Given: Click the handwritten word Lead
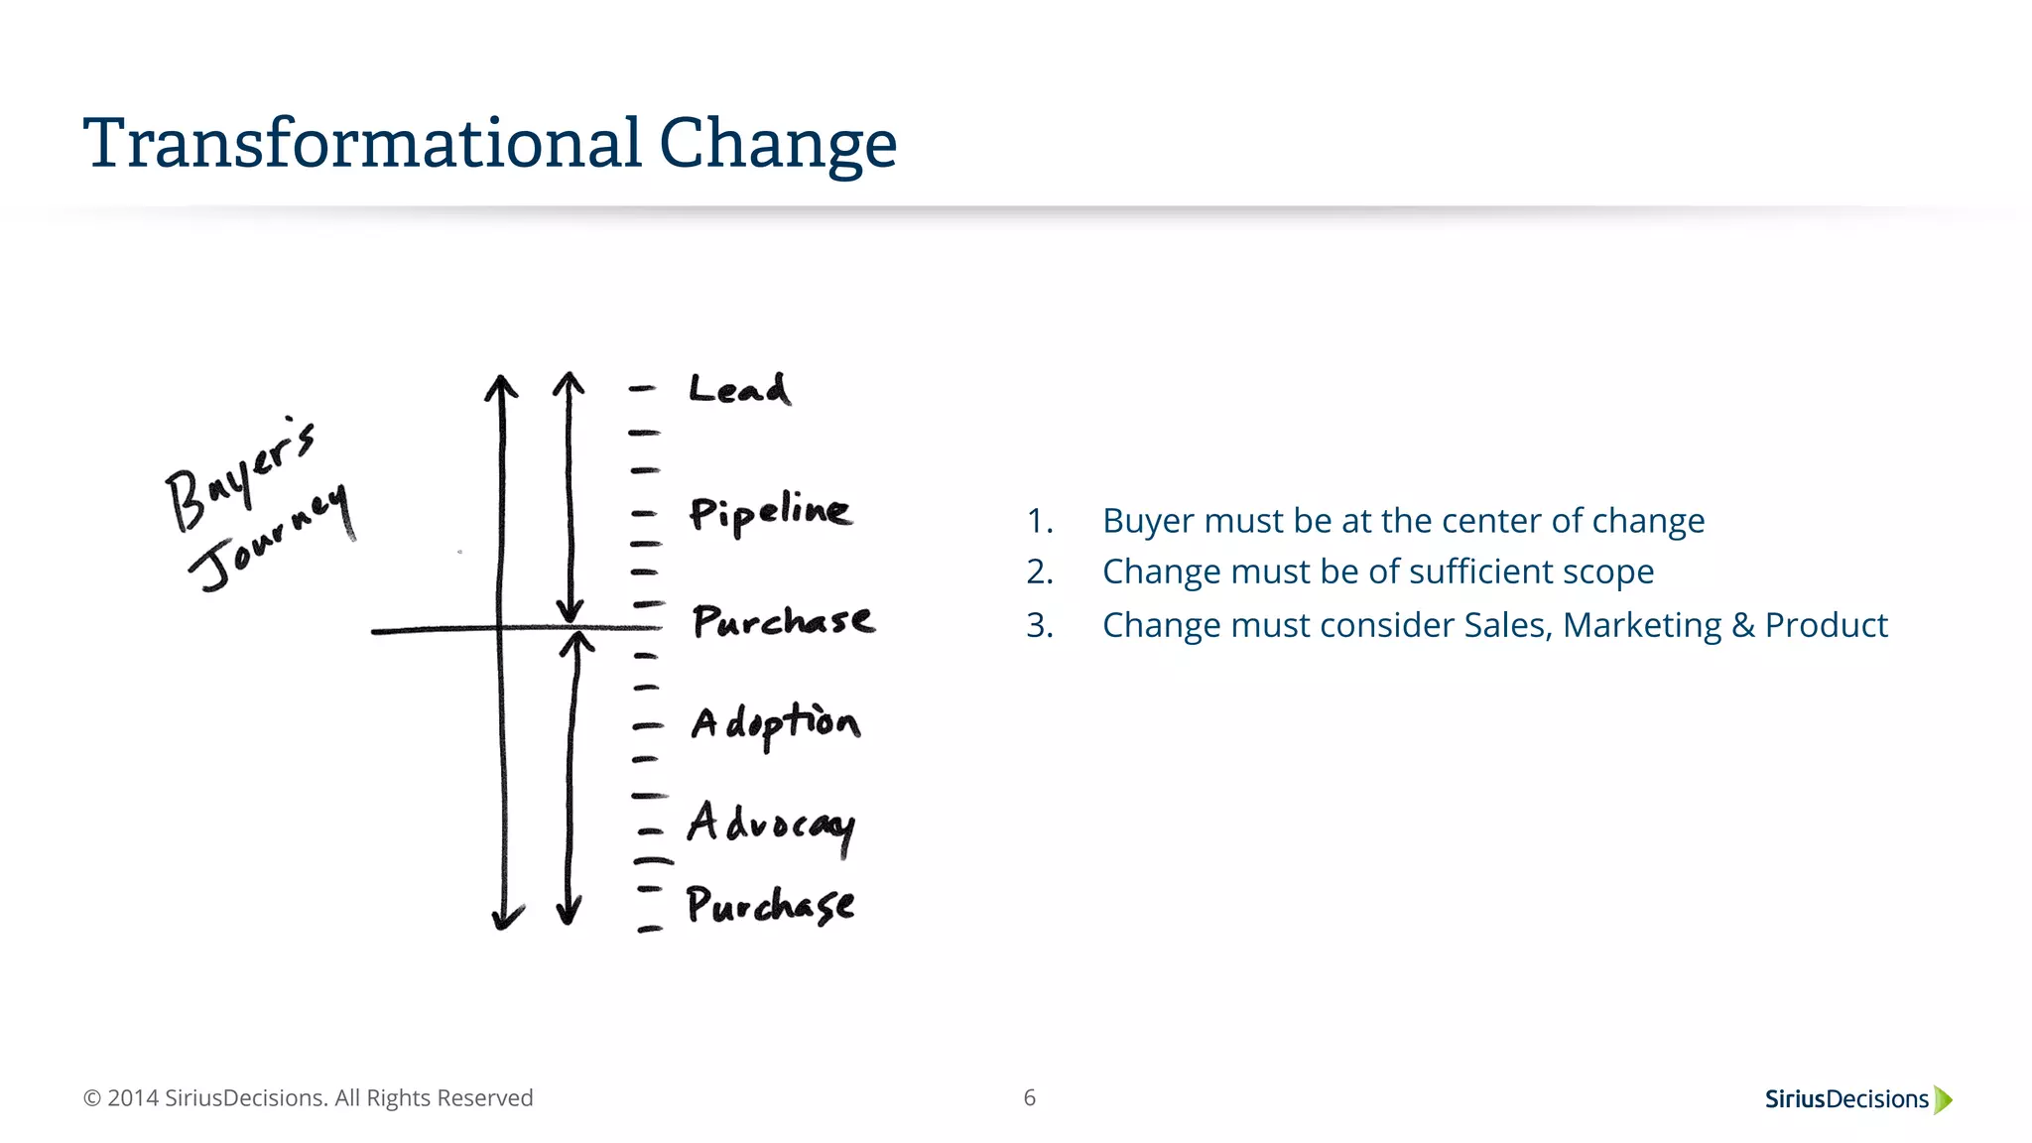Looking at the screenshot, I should (x=739, y=389).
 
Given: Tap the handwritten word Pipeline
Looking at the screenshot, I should (x=770, y=512).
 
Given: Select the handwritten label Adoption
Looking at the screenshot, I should (x=775, y=723).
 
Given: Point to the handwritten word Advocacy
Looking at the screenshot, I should (x=770, y=825).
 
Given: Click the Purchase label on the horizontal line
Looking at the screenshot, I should (x=783, y=621).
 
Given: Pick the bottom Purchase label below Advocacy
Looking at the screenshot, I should (x=770, y=905).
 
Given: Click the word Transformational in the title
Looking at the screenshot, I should (x=363, y=143).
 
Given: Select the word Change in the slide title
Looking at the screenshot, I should (x=777, y=145).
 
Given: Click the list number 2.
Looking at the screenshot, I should (x=1039, y=572).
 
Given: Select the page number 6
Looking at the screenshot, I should (x=1029, y=1097).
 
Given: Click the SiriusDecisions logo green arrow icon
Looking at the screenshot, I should (x=1943, y=1099).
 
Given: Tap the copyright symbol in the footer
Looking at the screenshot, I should (x=92, y=1098).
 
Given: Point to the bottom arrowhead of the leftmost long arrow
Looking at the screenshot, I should (x=507, y=920).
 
